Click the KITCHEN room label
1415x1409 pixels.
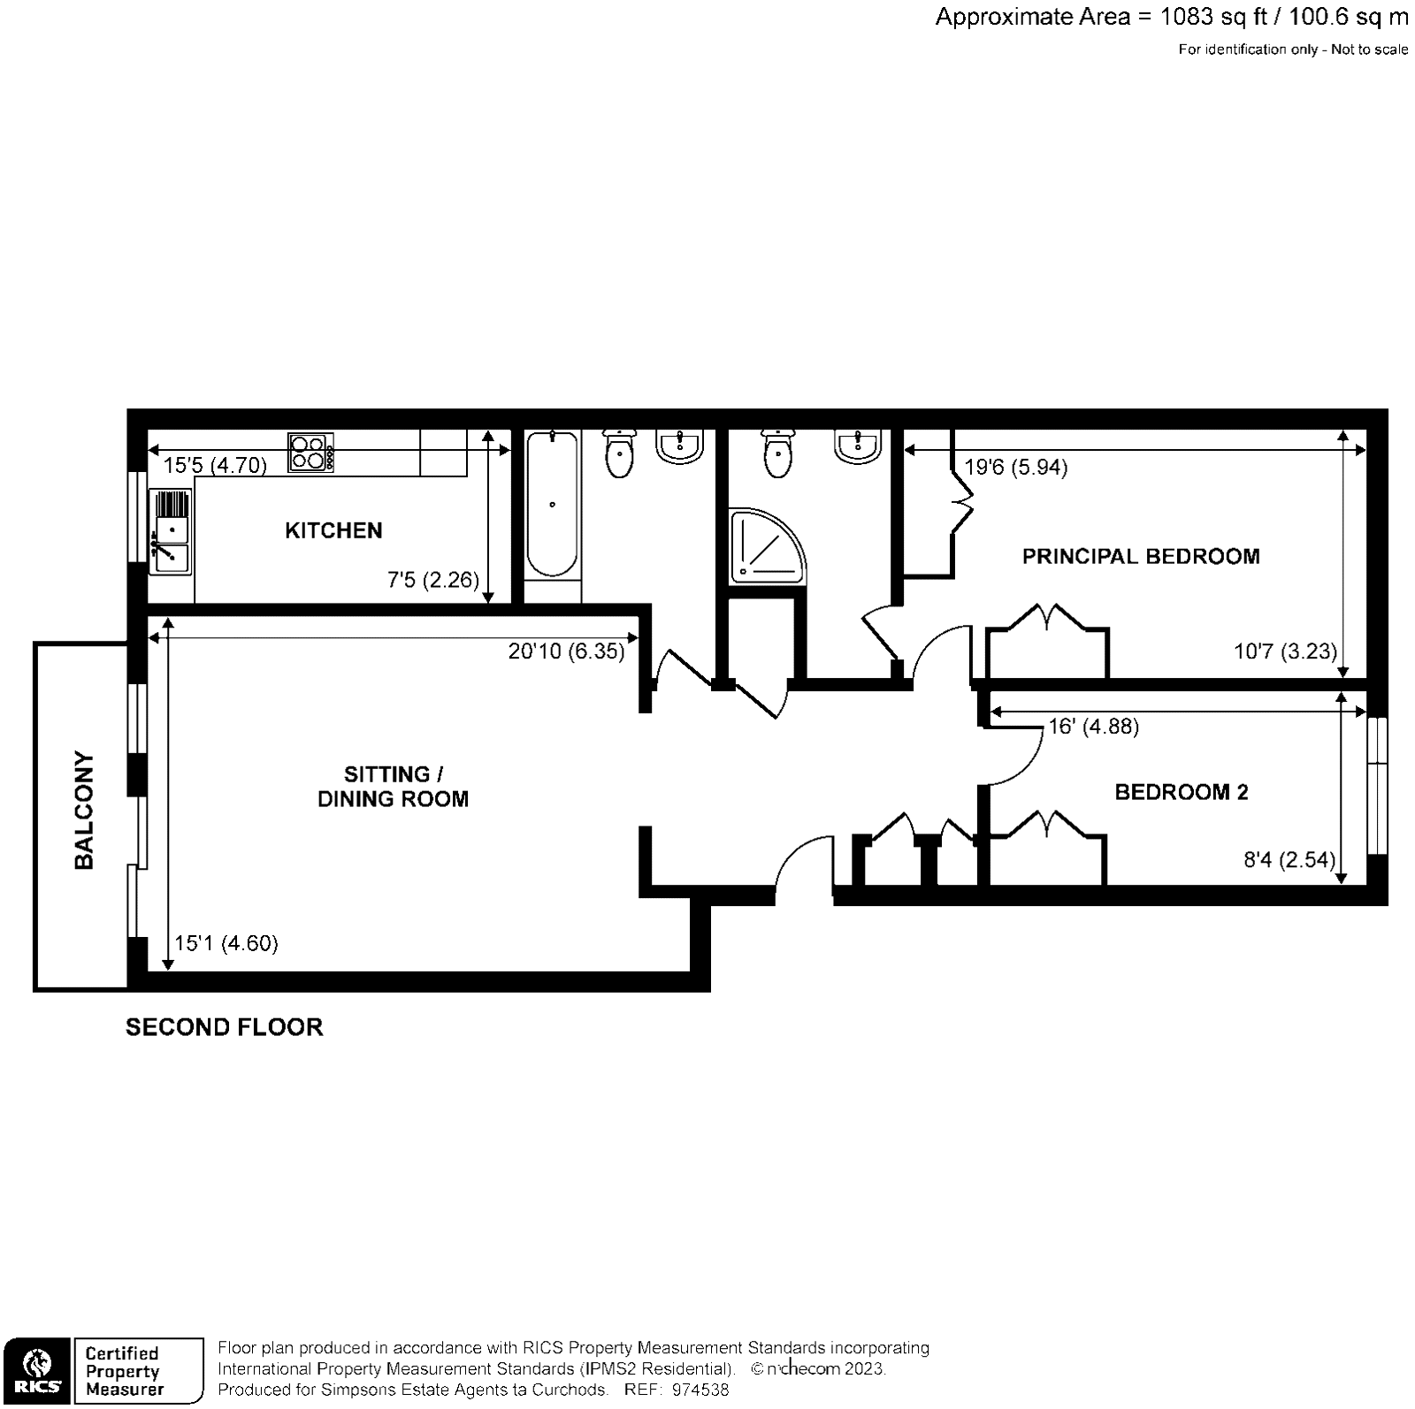pyautogui.click(x=333, y=530)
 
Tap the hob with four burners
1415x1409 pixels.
pyautogui.click(x=310, y=453)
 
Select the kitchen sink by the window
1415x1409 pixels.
pyautogui.click(x=171, y=531)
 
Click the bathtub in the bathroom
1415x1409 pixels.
pyautogui.click(x=552, y=504)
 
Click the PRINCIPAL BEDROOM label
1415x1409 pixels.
pyautogui.click(x=1140, y=556)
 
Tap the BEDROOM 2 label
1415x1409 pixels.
pyautogui.click(x=1181, y=792)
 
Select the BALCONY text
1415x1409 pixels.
pyautogui.click(x=84, y=811)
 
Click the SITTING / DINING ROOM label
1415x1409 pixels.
pyautogui.click(x=393, y=787)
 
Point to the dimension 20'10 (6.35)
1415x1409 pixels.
pyautogui.click(x=566, y=651)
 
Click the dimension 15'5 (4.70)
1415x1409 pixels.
pyautogui.click(x=215, y=466)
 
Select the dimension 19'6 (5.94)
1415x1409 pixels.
pyautogui.click(x=1015, y=468)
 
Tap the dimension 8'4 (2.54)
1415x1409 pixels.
pyautogui.click(x=1289, y=859)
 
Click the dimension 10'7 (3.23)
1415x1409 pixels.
pyautogui.click(x=1284, y=652)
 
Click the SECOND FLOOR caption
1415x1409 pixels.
pyautogui.click(x=224, y=1027)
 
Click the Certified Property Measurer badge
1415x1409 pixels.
pyautogui.click(x=124, y=1372)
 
